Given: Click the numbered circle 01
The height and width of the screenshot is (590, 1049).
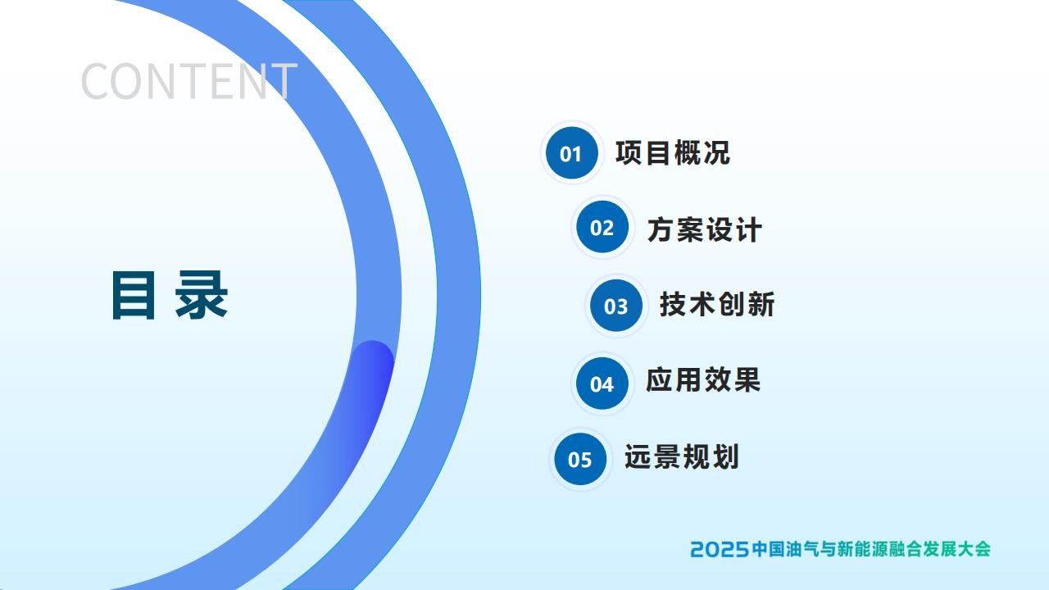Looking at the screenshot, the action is (x=572, y=152).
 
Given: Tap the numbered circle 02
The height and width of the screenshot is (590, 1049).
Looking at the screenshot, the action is (x=602, y=227).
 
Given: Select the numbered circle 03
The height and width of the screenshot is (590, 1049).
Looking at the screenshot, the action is (x=616, y=306).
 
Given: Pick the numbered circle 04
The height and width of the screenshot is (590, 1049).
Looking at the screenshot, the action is (x=602, y=383).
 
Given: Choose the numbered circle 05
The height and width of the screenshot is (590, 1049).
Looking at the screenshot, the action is (x=580, y=459).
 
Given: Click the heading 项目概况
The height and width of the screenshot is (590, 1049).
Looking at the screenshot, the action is (x=673, y=152).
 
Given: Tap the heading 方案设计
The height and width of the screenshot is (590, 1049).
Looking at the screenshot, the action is (x=705, y=229).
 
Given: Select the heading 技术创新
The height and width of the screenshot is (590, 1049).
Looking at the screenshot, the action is (x=717, y=304).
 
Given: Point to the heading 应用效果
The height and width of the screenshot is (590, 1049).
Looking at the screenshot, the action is (x=703, y=379).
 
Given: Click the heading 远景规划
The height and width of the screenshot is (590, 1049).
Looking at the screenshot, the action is (x=681, y=456).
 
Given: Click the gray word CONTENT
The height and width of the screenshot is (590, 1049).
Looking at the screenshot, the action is (x=189, y=81).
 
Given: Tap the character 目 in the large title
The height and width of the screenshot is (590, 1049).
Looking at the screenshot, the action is (x=134, y=296).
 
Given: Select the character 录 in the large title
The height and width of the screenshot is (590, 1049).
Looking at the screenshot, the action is (x=202, y=295).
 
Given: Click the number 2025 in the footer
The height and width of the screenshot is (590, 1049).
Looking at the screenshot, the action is (x=720, y=549).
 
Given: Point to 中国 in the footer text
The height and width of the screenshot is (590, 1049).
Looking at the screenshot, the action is (x=768, y=549).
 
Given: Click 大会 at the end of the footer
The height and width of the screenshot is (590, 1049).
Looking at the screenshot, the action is (x=974, y=549).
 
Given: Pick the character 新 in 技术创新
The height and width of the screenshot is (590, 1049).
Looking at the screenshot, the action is (x=761, y=304).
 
